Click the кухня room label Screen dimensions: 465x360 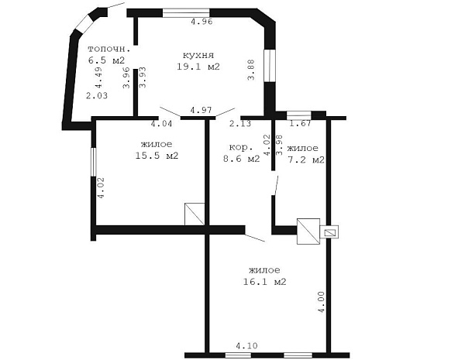(x=198, y=55)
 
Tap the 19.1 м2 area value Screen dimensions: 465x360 (x=198, y=67)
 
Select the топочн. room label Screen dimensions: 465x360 (x=109, y=49)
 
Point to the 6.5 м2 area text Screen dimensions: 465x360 (x=106, y=60)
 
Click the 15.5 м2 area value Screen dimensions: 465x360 (x=157, y=156)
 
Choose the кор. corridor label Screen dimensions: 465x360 (x=241, y=147)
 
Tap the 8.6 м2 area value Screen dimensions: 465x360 (x=241, y=159)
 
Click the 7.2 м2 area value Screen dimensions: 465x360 (x=306, y=159)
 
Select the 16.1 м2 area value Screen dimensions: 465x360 (x=264, y=282)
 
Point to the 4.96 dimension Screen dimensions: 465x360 (x=201, y=22)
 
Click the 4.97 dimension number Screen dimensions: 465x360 (x=201, y=110)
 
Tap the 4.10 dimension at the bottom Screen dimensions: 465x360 (x=246, y=345)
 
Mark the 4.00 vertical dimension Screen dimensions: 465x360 (x=322, y=302)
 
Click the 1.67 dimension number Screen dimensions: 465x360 (x=300, y=123)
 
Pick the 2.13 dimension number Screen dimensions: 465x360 (x=240, y=123)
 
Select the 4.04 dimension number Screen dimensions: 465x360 (x=161, y=123)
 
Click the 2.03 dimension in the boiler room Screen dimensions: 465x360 (x=97, y=96)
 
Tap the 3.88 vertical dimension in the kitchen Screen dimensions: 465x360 (x=251, y=70)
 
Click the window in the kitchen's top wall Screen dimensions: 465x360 (x=186, y=13)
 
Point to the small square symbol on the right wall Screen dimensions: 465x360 (x=329, y=232)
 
